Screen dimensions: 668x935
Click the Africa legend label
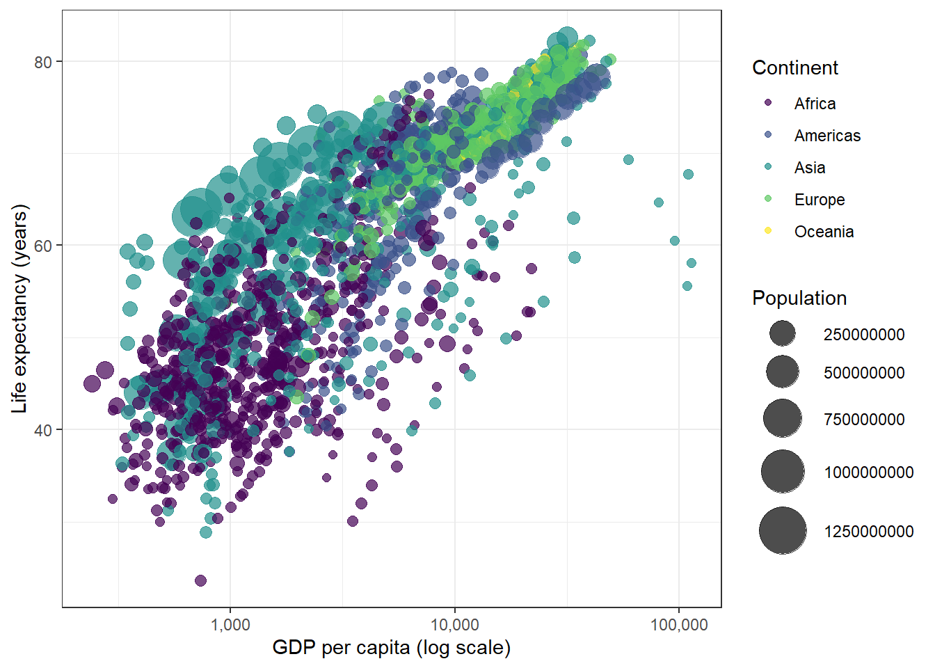[815, 104]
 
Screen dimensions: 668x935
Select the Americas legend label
[827, 136]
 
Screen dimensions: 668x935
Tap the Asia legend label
[810, 168]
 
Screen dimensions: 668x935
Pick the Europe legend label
[820, 200]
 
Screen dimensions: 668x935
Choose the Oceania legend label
[824, 232]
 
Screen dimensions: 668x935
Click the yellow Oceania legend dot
[768, 230]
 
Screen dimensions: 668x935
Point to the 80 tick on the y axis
[43, 62]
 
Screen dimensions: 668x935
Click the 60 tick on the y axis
[43, 246]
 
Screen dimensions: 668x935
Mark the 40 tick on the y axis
[43, 430]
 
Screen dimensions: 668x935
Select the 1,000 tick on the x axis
[230, 625]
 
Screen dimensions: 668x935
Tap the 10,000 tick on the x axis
[454, 625]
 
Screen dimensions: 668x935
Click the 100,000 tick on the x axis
[679, 625]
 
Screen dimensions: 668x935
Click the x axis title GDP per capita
[391, 648]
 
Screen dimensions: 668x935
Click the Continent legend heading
[795, 67]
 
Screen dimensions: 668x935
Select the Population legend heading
[799, 298]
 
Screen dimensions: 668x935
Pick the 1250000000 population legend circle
[783, 530]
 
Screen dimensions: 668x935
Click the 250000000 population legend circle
[783, 334]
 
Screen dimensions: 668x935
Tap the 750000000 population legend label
[864, 420]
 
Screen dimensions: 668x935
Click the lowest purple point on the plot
[200, 580]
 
